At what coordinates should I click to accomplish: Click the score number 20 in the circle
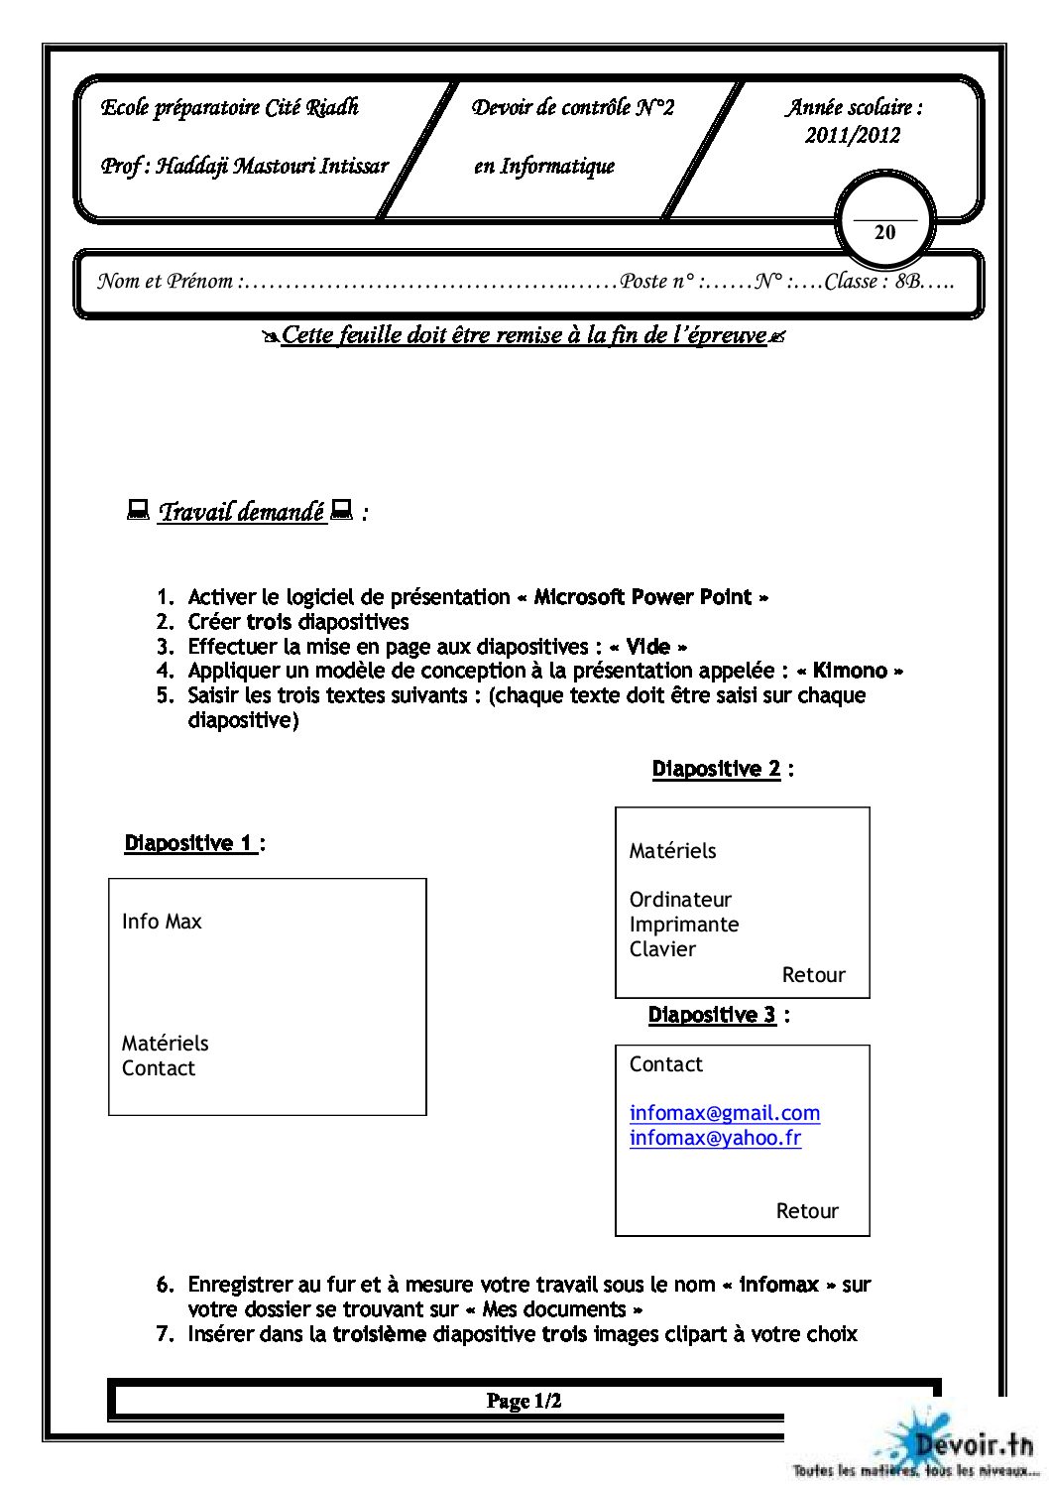tap(884, 232)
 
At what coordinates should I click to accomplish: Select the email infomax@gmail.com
tap(724, 1113)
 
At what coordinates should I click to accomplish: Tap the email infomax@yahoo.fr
tap(715, 1138)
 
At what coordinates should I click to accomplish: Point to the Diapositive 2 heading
tap(717, 769)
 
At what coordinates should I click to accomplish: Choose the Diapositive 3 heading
tap(713, 1015)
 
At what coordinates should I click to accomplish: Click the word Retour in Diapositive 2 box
tap(813, 975)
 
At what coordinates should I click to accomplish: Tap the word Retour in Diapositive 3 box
tap(807, 1211)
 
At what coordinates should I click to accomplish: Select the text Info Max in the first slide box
tap(162, 922)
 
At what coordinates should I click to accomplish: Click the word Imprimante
tap(684, 925)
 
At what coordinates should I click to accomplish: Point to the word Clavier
tap(662, 949)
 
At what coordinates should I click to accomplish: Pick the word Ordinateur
tap(680, 900)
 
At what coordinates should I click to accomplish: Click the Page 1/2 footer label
tap(524, 1401)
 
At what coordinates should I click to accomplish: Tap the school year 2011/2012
tap(853, 136)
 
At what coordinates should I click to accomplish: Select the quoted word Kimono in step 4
tap(850, 671)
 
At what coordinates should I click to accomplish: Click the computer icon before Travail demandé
tap(138, 511)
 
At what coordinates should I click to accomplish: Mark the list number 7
tap(165, 1334)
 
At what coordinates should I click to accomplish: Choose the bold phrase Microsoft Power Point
tap(642, 597)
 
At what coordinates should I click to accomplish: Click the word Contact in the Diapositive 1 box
tap(159, 1068)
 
